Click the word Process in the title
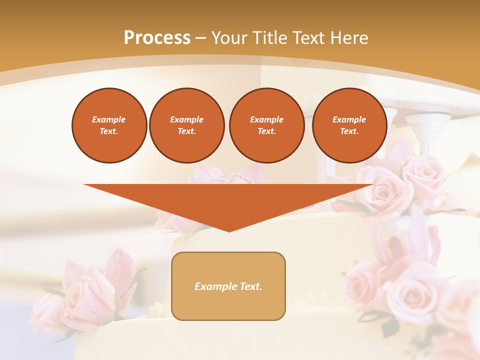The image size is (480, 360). pyautogui.click(x=157, y=38)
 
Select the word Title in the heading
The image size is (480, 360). pyautogui.click(x=270, y=38)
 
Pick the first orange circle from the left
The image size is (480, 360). pyautogui.click(x=109, y=125)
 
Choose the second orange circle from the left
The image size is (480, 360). pyautogui.click(x=186, y=125)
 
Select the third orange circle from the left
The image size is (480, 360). pyautogui.click(x=266, y=125)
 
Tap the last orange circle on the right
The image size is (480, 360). pyautogui.click(x=349, y=125)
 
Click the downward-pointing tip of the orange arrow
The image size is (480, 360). pyautogui.click(x=229, y=230)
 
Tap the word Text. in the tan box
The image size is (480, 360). pyautogui.click(x=251, y=286)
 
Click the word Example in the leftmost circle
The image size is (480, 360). pyautogui.click(x=109, y=119)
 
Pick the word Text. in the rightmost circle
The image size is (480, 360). pyautogui.click(x=349, y=131)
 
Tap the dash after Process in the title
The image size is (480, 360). pyautogui.click(x=201, y=38)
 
